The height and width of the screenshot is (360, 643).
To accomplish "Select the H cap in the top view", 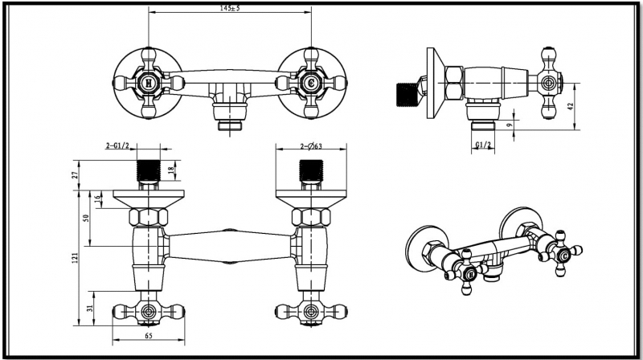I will point(149,82).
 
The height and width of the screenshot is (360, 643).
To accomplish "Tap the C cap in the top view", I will point(310,82).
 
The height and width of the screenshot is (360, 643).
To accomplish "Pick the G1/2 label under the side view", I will point(483,145).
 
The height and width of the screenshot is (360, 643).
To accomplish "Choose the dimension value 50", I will point(86,219).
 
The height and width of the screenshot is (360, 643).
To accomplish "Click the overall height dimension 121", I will point(75,257).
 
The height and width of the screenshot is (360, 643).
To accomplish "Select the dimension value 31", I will point(90,306).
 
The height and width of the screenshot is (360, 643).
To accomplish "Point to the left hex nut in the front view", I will point(149,217).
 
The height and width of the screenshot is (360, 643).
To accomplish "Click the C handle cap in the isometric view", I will point(565,255).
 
